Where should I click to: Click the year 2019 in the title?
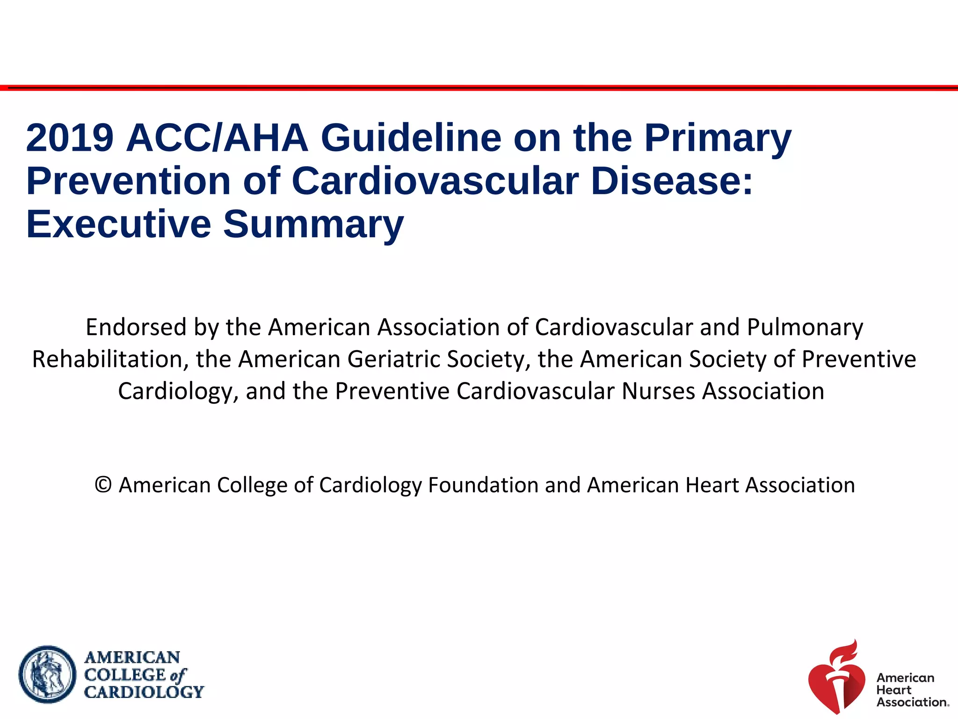[x=70, y=138]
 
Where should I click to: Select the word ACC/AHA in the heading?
[x=217, y=138]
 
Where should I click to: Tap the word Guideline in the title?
[x=411, y=138]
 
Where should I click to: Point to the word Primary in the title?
[x=718, y=138]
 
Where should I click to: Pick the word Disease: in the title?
[x=672, y=181]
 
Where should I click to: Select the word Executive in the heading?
[x=118, y=224]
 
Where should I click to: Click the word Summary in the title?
[x=313, y=224]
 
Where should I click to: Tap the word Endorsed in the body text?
[x=136, y=327]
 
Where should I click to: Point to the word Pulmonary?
[x=805, y=327]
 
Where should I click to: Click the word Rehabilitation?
[x=107, y=359]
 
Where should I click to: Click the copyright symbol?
[x=103, y=485]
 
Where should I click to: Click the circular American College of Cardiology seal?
[x=47, y=674]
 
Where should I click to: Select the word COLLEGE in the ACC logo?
[x=125, y=675]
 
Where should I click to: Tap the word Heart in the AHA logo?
[x=893, y=690]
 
